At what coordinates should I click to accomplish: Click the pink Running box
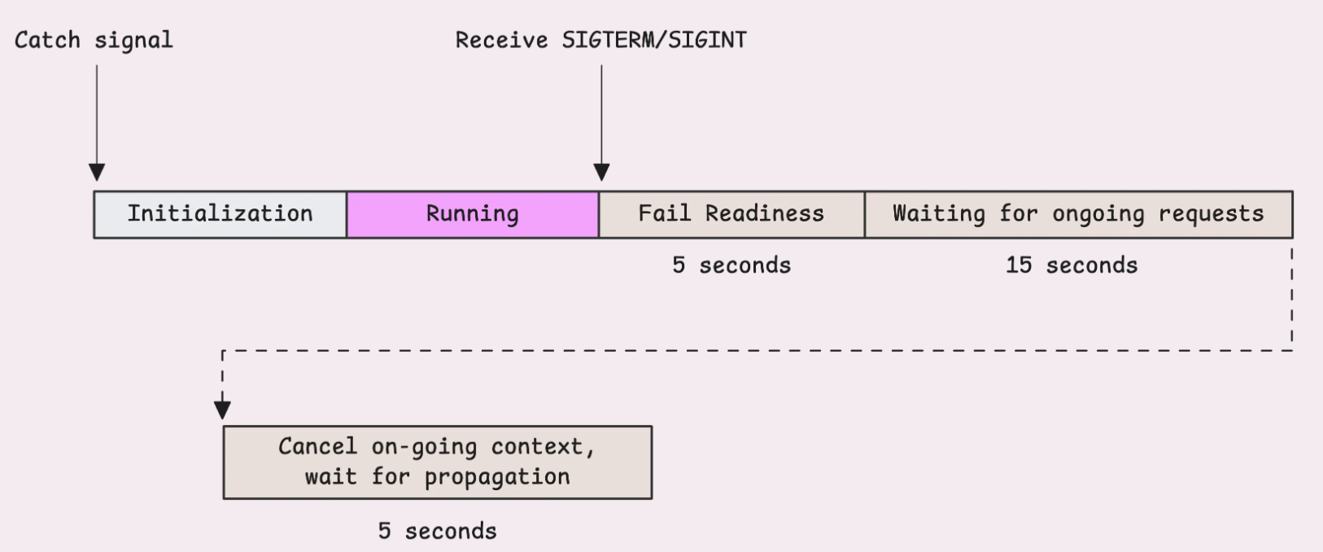tap(473, 215)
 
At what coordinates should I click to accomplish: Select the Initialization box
tap(220, 215)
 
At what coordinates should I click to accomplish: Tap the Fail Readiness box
tap(731, 215)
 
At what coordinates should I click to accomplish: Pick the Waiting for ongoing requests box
tap(1079, 215)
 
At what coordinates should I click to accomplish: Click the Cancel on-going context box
tap(438, 462)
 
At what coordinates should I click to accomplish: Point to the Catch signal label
tap(94, 40)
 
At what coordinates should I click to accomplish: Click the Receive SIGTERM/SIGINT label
tap(600, 40)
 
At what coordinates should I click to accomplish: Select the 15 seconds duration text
tap(1072, 265)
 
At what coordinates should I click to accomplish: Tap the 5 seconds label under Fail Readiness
tap(731, 265)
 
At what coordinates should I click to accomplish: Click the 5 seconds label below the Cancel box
tap(437, 531)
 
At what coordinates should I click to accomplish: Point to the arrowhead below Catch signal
tap(97, 173)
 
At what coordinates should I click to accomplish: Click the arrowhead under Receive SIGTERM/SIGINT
tap(601, 173)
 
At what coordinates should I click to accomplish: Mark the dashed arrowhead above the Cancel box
tap(223, 410)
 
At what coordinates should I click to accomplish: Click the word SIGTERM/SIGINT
tap(654, 40)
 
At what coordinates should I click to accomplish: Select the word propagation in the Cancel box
tap(497, 477)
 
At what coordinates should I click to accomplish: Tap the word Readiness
tap(765, 213)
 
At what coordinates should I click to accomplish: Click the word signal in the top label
tap(134, 41)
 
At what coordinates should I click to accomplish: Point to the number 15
tap(1019, 265)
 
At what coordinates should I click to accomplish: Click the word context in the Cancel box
tap(544, 447)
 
